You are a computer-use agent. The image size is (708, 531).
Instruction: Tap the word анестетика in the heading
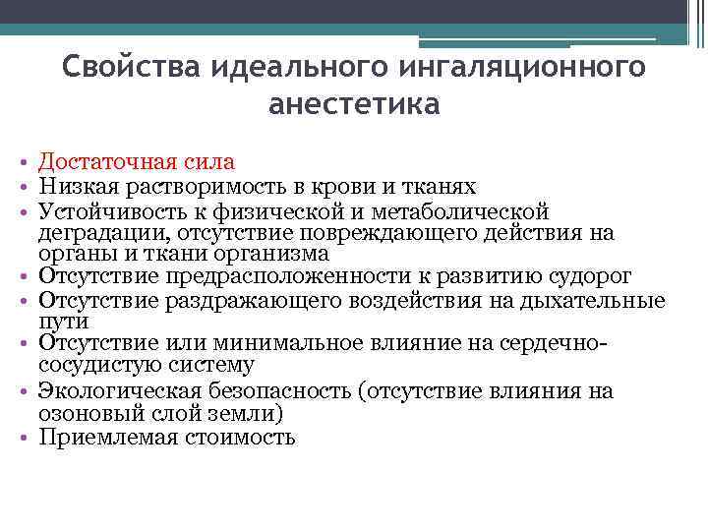click(x=354, y=104)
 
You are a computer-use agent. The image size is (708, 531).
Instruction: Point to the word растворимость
click(x=201, y=186)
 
